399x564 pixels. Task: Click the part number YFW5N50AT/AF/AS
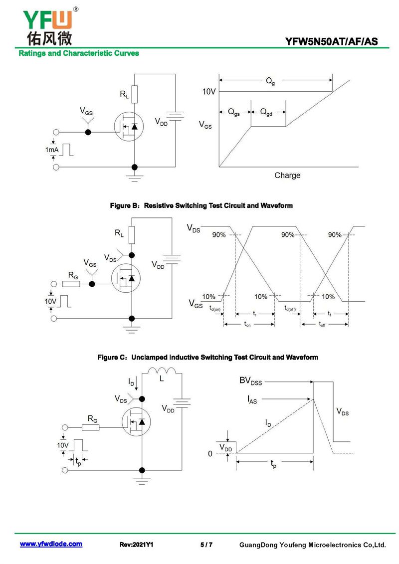(x=331, y=41)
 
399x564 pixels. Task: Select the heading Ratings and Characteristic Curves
(x=79, y=53)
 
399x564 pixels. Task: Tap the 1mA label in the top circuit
(x=51, y=150)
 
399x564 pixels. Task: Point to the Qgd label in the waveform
(x=266, y=112)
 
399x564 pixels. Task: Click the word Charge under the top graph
(x=287, y=175)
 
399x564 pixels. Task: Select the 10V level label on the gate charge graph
(x=208, y=92)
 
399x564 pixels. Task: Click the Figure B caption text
(x=201, y=206)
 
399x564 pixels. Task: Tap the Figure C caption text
(x=207, y=357)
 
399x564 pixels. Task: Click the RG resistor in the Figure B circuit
(x=71, y=284)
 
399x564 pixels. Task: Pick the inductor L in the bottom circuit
(x=162, y=371)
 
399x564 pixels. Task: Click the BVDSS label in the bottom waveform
(x=251, y=381)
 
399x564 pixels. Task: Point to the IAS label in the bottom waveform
(x=252, y=399)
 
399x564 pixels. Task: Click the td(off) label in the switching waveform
(x=290, y=308)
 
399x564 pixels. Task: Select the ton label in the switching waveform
(x=247, y=325)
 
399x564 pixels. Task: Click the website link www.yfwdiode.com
(x=51, y=544)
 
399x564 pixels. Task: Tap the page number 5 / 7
(x=206, y=545)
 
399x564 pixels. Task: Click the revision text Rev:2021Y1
(x=136, y=545)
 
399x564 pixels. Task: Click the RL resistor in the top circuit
(x=135, y=94)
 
